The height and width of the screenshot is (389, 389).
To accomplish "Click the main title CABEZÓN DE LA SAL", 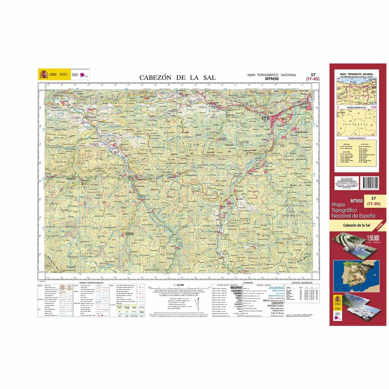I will pos(177,77).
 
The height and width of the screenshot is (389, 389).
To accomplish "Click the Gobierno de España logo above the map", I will pos(47,74).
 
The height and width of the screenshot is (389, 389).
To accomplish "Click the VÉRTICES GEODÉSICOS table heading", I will pos(300,283).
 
